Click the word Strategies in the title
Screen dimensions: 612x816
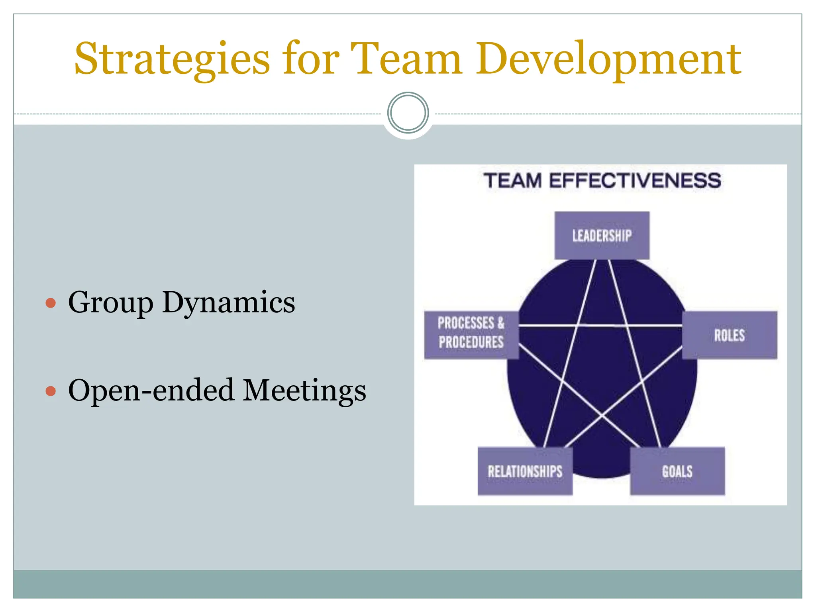click(x=172, y=60)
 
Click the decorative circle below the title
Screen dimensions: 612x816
click(x=408, y=113)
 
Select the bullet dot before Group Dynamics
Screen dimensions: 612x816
click(x=51, y=303)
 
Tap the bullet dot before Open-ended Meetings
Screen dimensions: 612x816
click(x=51, y=391)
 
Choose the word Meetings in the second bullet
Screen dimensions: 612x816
click(x=304, y=390)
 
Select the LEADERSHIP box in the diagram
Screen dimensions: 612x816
click(x=602, y=235)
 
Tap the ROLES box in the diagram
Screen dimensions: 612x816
click(x=729, y=335)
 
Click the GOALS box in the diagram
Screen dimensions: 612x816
click(x=677, y=471)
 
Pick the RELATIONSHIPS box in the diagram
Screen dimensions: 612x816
click(x=525, y=471)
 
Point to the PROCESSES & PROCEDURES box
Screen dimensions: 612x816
click(x=471, y=335)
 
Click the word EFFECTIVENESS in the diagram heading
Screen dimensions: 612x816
click(x=635, y=180)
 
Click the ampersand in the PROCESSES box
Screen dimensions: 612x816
click(x=500, y=323)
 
